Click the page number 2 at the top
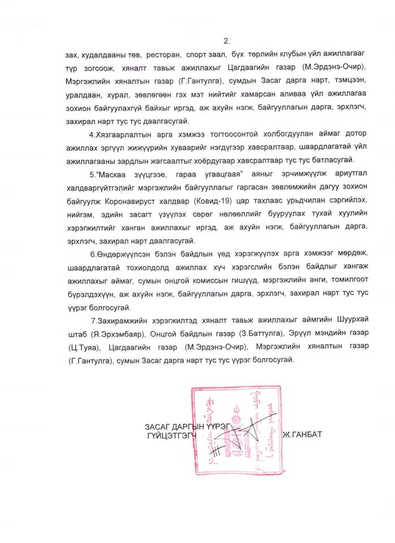227,41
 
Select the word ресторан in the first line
162,56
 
